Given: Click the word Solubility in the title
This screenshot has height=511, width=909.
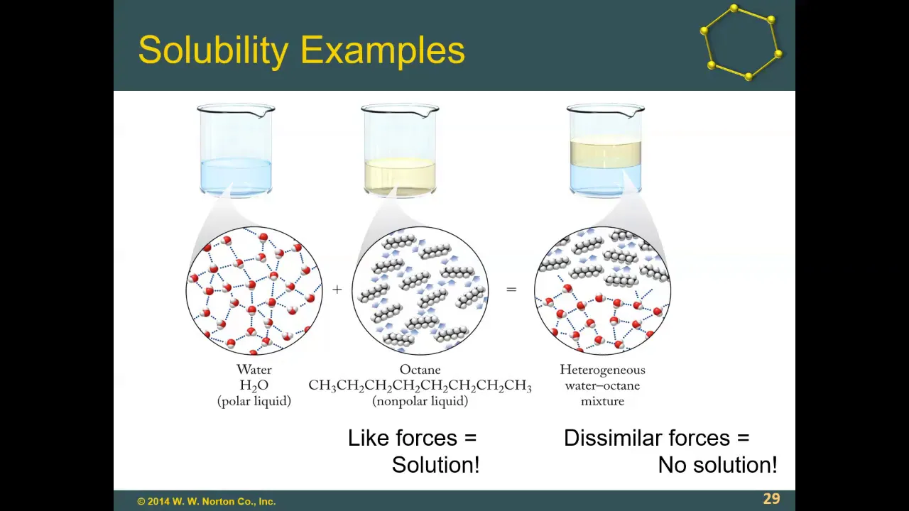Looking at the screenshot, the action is (213, 51).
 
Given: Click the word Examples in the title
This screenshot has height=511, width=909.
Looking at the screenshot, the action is (383, 51).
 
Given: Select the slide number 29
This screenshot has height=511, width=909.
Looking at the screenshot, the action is (771, 498).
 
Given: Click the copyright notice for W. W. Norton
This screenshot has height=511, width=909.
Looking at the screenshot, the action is (206, 501).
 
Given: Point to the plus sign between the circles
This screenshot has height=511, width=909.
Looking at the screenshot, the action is (337, 289).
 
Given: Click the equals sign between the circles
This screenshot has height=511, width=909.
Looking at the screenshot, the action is (511, 289).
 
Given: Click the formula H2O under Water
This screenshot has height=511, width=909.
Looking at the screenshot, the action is (254, 385).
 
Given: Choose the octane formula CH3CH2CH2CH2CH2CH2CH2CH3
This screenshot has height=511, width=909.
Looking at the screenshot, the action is (420, 385).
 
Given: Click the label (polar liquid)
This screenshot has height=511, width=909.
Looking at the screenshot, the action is (254, 401).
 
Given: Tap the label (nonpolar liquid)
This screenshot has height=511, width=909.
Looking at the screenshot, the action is (420, 401).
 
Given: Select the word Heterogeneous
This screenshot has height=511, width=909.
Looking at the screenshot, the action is (603, 370).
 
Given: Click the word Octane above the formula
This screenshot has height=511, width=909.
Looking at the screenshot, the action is (420, 370).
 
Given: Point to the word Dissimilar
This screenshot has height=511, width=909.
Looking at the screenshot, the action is (613, 438).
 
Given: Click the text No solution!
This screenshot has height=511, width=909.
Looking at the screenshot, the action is (717, 465).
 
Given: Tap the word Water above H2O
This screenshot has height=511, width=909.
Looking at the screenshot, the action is (254, 370).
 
